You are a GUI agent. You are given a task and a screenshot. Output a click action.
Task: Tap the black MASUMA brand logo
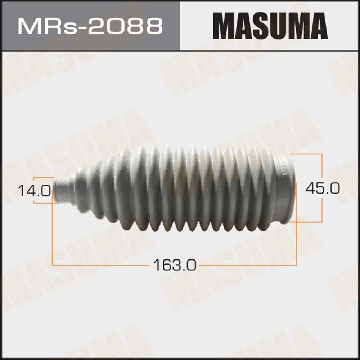pos(270,26)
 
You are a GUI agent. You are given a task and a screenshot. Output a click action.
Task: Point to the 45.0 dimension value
pos(322,188)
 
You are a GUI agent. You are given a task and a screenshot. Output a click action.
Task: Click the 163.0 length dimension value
pos(175,266)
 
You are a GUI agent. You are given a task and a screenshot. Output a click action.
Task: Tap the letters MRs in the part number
pos(43,26)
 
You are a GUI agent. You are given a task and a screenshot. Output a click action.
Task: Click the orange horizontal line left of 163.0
pos(101,265)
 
